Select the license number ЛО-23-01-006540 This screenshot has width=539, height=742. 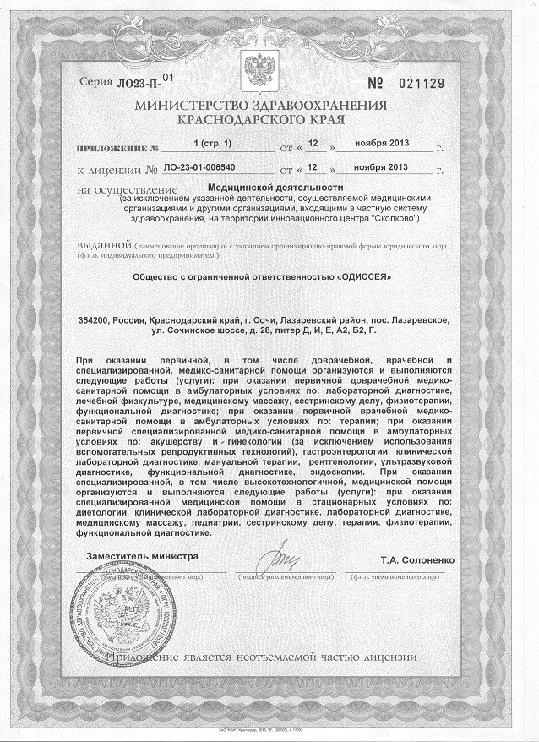[211, 167]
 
